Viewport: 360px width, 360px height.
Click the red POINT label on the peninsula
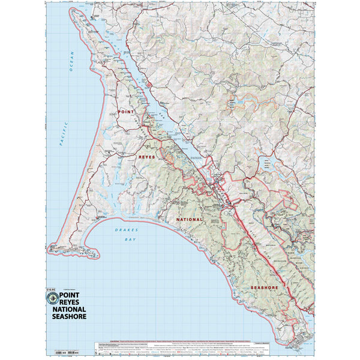pos(127,112)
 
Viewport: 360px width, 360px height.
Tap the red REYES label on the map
pos(147,157)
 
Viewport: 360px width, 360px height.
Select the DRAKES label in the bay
pos(128,230)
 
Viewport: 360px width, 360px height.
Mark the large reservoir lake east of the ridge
pos(266,162)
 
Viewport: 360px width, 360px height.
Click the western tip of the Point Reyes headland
pos(50,247)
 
